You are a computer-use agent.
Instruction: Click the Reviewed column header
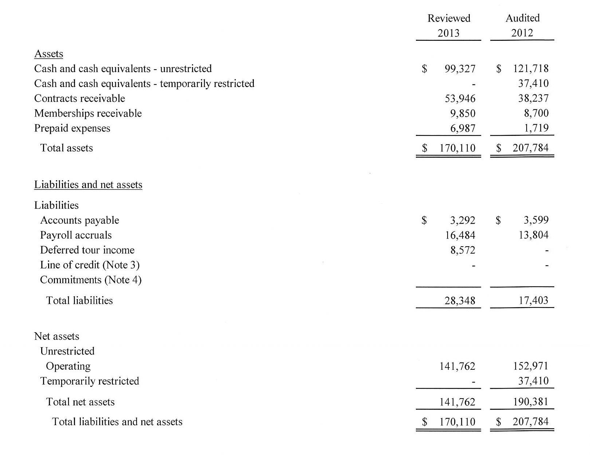pos(449,18)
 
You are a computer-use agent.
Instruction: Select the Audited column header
pos(522,18)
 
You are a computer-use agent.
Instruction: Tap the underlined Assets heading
pos(49,54)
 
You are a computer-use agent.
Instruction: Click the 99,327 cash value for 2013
pos(460,69)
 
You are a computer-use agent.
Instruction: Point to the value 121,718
pos(531,68)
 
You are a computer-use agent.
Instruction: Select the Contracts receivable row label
pos(79,98)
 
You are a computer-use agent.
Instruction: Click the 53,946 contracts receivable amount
pos(460,99)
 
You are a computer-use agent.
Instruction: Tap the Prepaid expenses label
pos(72,128)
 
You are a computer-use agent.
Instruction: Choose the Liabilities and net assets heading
pos(88,185)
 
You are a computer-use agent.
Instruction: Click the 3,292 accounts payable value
pos(463,220)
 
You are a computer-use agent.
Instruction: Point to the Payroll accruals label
pos(76,235)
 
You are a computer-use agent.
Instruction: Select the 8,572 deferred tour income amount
pos(463,250)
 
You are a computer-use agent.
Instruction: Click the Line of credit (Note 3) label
pos(90,265)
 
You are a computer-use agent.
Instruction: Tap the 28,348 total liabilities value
pos(460,301)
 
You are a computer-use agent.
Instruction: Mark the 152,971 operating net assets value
pos(531,366)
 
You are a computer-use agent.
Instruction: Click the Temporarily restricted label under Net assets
pos(90,381)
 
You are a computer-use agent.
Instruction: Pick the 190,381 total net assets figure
pos(531,402)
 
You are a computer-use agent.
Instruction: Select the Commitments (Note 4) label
pos(91,280)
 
